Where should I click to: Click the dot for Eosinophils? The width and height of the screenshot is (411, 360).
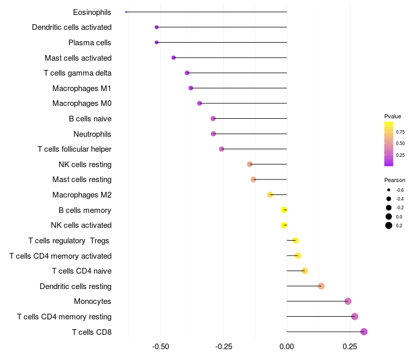tap(126, 12)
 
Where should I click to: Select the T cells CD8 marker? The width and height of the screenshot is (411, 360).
tap(364, 332)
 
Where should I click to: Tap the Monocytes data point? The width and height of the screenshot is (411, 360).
tap(348, 301)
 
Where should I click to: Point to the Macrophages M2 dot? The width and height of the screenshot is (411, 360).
tap(270, 194)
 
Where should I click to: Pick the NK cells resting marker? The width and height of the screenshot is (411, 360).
tap(250, 164)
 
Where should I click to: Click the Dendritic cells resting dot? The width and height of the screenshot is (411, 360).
tap(321, 286)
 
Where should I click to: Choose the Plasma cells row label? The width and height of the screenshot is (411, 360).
tap(90, 43)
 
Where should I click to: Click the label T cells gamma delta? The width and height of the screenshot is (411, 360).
tap(78, 73)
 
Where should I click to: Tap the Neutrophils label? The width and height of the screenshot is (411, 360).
tap(92, 134)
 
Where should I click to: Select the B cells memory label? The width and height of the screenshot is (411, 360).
tap(85, 210)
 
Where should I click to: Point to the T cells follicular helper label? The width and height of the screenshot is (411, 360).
tap(74, 149)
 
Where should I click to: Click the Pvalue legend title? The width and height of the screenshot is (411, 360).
tap(393, 116)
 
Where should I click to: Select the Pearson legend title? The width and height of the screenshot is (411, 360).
tap(395, 180)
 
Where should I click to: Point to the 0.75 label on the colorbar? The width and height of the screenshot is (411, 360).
tap(400, 132)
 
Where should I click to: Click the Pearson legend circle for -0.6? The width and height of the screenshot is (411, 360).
tap(389, 190)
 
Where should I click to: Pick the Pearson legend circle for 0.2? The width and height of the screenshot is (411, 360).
tap(389, 225)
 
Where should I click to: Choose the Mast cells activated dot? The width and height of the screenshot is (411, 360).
tap(174, 58)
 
